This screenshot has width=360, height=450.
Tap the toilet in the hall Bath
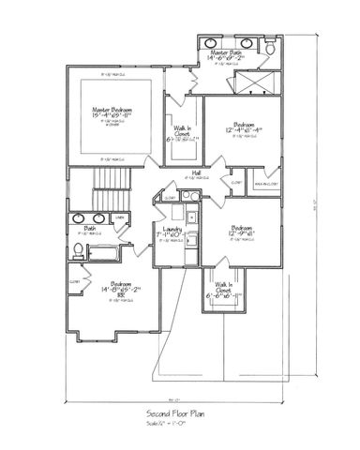pyautogui.click(x=78, y=249)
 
